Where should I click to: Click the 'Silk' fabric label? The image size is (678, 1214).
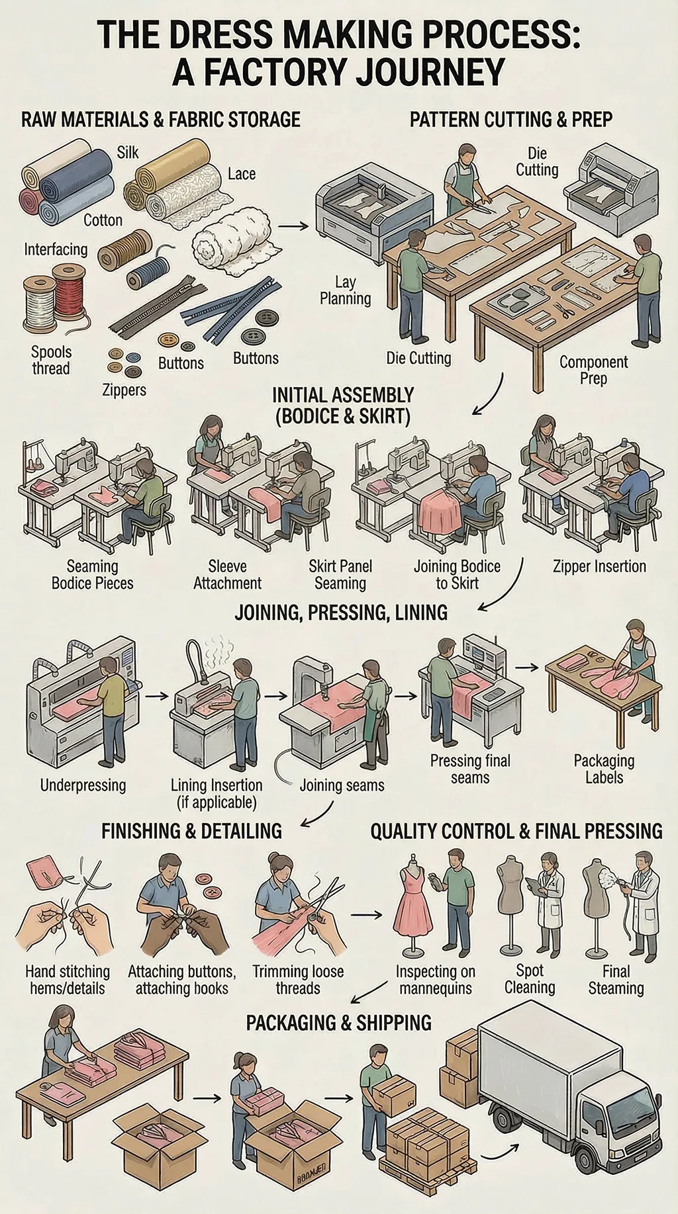[128, 152]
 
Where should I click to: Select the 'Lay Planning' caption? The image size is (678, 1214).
[345, 290]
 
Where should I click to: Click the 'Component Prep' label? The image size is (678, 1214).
[593, 370]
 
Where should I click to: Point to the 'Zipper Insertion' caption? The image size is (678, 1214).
[599, 566]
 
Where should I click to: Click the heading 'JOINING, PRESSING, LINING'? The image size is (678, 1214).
[341, 612]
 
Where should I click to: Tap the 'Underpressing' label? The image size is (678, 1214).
[83, 785]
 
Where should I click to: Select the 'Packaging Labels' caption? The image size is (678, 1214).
[604, 769]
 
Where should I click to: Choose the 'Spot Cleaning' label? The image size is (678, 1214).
[530, 979]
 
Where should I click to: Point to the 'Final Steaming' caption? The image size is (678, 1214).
[616, 980]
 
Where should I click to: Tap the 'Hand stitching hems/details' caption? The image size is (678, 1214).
[68, 980]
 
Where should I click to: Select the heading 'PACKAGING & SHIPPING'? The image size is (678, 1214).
[338, 1023]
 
